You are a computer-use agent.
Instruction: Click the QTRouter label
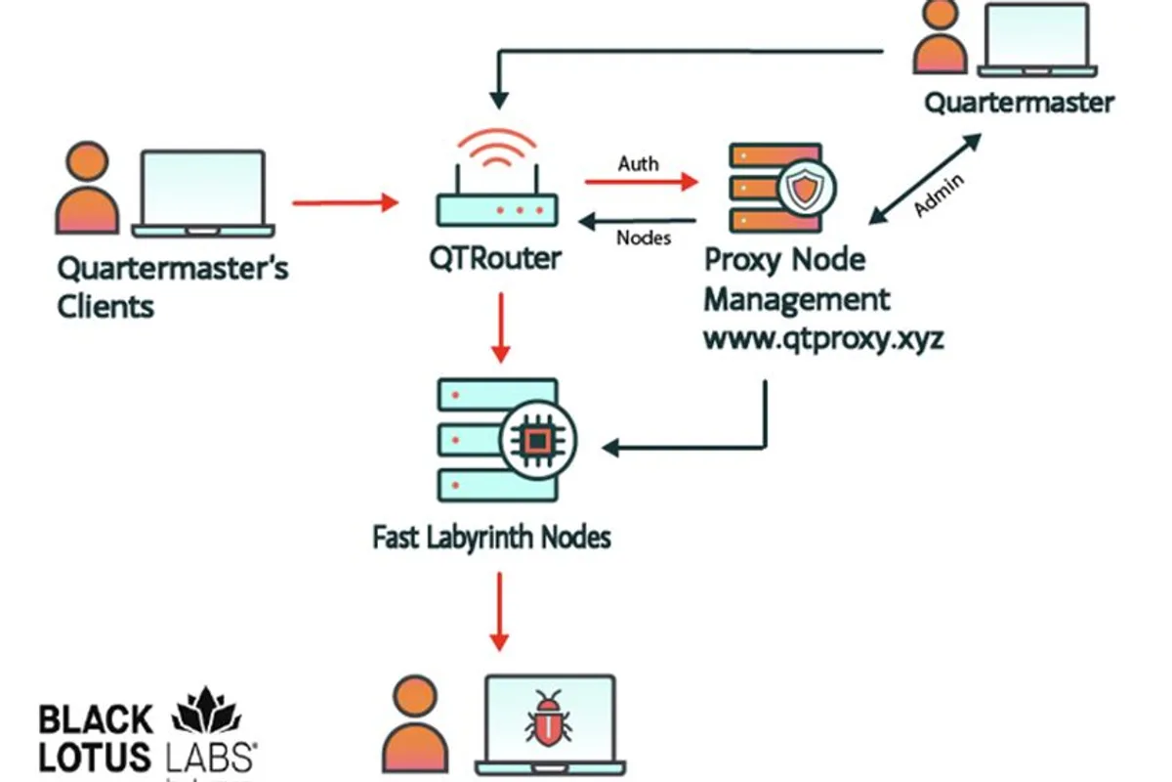coord(495,259)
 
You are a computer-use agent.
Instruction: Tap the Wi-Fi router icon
coord(497,178)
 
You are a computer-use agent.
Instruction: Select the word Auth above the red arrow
coord(639,164)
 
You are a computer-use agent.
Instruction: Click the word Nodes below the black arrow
coord(644,239)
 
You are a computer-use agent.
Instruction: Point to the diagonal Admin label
coord(940,195)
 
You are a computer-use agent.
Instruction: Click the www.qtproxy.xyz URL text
coord(823,339)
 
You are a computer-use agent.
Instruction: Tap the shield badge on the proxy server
coord(807,188)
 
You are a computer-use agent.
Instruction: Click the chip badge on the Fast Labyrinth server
coord(538,440)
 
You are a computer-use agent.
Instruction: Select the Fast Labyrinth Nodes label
coord(491,538)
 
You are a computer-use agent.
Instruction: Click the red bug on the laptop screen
coord(548,718)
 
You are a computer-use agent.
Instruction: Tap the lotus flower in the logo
coord(206,711)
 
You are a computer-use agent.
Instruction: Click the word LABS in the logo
coord(211,758)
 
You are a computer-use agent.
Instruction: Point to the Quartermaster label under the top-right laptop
coord(1019,104)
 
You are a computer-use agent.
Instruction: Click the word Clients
coord(105,307)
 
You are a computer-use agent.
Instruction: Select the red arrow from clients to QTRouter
coord(346,202)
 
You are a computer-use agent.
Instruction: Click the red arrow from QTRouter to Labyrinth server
coord(501,327)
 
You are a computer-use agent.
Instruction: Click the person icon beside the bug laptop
coord(415,724)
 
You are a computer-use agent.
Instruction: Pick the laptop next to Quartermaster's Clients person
coord(203,194)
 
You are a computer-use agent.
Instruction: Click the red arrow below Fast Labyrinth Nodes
coord(499,612)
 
